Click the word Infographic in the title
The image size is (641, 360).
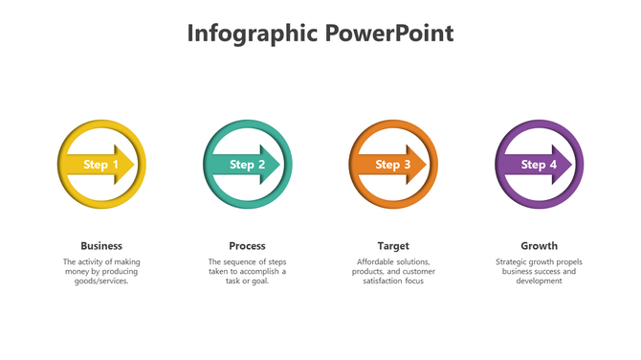point(251,34)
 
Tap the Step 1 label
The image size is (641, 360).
point(100,165)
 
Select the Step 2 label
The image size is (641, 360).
point(247,165)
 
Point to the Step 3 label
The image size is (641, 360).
point(393,165)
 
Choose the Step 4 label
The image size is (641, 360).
point(539,165)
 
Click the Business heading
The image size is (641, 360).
point(101,246)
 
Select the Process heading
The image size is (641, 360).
point(247,246)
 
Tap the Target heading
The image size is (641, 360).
point(393,246)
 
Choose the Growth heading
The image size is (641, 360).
point(539,246)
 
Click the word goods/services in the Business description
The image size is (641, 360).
point(101,281)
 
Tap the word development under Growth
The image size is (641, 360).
point(539,281)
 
